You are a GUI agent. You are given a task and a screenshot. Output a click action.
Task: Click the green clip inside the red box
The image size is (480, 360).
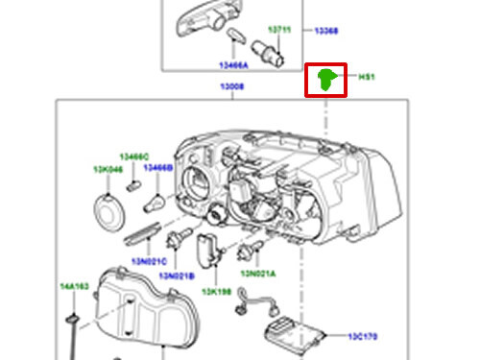point(326,80)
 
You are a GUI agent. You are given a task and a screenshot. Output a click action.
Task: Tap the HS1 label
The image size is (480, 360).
point(367,77)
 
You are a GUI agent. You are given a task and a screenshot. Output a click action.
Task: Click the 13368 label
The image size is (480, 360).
point(326,31)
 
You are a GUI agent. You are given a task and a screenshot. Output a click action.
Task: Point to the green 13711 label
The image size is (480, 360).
point(279,31)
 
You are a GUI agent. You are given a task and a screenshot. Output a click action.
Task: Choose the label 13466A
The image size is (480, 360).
point(233,65)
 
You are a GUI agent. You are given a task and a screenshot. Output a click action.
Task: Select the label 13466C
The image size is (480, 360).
point(134,156)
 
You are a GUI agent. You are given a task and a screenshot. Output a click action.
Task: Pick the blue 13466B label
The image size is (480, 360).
point(159,167)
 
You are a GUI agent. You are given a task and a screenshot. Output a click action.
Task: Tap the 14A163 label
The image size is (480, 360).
point(74,287)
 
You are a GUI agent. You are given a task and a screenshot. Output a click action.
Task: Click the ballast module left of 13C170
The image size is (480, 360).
point(299,336)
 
